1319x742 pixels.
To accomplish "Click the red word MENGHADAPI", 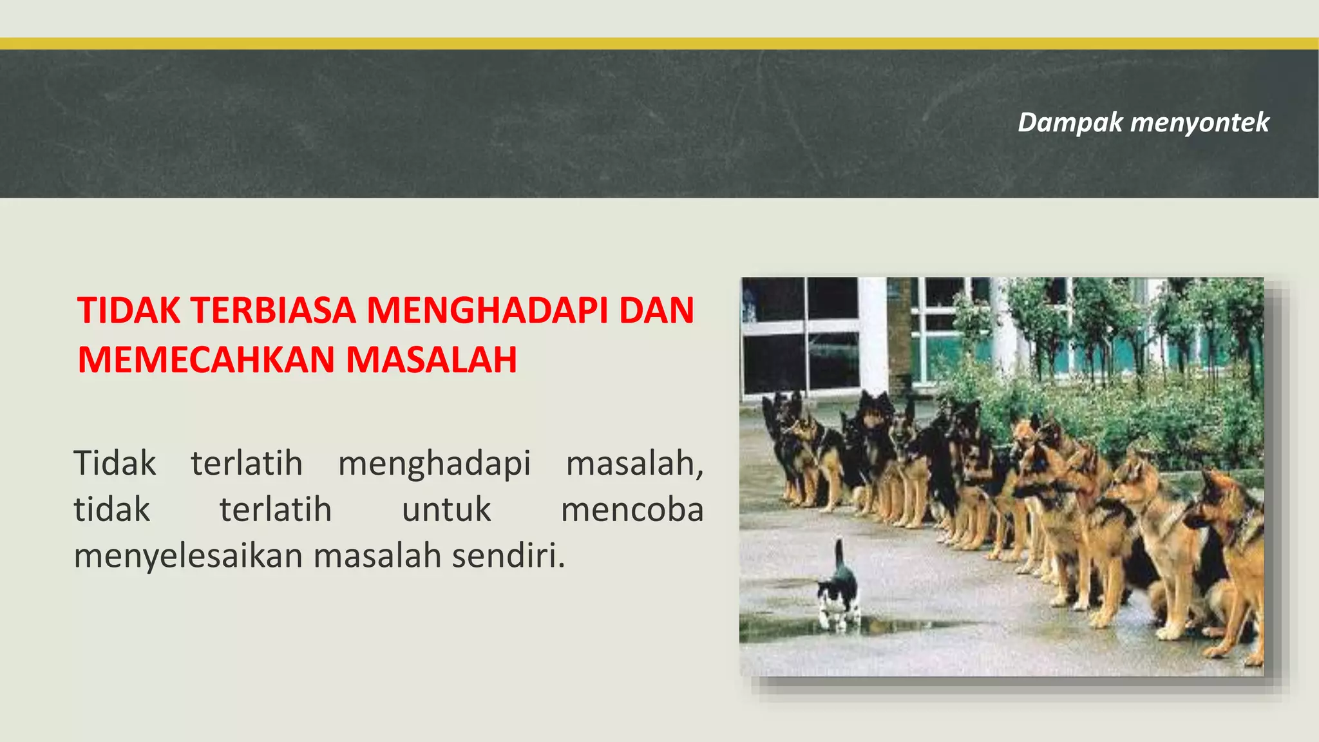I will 487,310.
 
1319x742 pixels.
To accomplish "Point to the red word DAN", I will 656,310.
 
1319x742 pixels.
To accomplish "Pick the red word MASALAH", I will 432,359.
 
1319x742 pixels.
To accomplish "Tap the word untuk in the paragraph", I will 446,509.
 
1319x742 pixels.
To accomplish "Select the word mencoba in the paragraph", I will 632,509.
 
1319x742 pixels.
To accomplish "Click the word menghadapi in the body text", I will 434,463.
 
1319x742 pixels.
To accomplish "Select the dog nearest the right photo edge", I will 1233,554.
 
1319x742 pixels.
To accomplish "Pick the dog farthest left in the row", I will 783,444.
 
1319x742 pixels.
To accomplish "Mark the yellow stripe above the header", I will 659,44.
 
